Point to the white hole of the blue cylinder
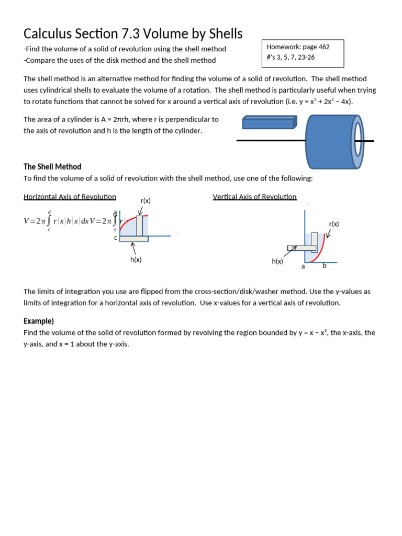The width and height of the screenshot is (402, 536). pos(359,141)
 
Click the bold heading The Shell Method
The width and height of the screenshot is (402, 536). pos(52,167)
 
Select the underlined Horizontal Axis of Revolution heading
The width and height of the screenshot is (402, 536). pos(70,197)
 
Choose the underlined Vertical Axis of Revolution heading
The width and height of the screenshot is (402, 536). pos(254,197)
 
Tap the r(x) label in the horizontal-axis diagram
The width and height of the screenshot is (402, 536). pos(146,201)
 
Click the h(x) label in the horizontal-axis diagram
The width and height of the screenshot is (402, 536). pos(136,260)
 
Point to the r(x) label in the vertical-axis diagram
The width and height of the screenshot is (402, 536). pos(334,224)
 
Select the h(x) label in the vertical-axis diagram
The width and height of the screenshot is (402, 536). pos(277,261)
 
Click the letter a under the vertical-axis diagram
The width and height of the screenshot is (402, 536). pos(303,266)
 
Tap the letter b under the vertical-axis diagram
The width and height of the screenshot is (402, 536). pos(324,266)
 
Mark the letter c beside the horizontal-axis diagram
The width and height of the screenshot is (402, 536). pos(116,238)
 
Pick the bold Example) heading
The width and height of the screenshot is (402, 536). pos(39,321)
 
